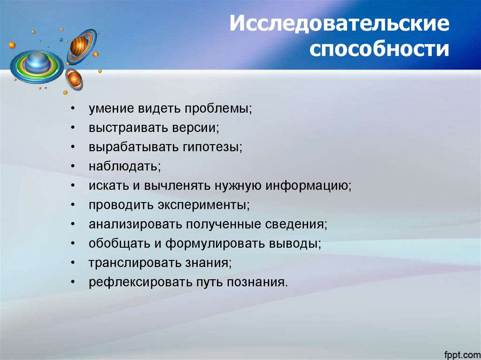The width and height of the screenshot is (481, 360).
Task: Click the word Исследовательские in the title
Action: coord(339,24)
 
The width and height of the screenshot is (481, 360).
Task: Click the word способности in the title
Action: coord(379,49)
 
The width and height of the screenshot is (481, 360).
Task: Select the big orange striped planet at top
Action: coord(80,47)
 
